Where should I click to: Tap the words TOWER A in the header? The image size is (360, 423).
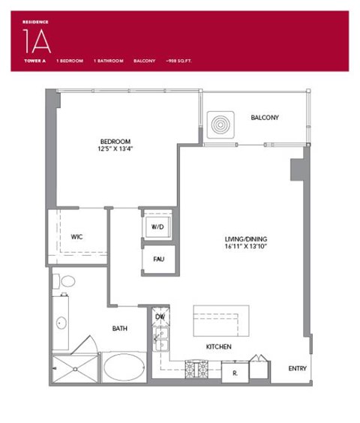[x=34, y=59]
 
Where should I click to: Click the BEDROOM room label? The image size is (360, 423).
[x=116, y=141]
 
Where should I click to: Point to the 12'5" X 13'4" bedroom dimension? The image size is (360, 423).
[x=116, y=149]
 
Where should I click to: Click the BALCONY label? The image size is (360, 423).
[x=265, y=118]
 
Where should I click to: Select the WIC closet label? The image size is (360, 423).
[x=77, y=236]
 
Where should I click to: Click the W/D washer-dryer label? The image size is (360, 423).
[x=157, y=226]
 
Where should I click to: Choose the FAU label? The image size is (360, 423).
[x=158, y=259]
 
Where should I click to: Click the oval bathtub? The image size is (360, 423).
[x=124, y=368]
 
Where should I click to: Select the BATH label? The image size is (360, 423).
[x=120, y=328]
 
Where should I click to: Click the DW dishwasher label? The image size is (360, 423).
[x=159, y=317]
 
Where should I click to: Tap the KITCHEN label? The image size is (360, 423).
[x=219, y=347]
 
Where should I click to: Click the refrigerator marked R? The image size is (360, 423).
[x=235, y=372]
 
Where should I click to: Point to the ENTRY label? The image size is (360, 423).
[x=298, y=368]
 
